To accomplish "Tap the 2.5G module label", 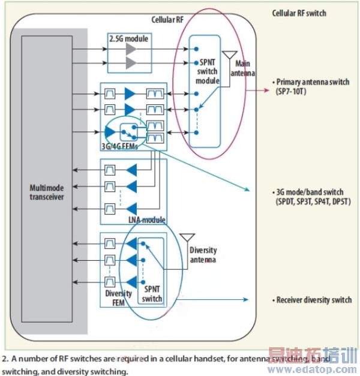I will tap(128, 39).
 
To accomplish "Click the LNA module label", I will tap(146, 221).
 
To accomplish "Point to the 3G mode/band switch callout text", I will tap(311, 196).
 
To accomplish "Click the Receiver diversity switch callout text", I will tap(313, 300).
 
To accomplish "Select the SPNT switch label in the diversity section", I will tap(152, 294).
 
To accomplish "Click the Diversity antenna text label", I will tap(203, 254).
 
